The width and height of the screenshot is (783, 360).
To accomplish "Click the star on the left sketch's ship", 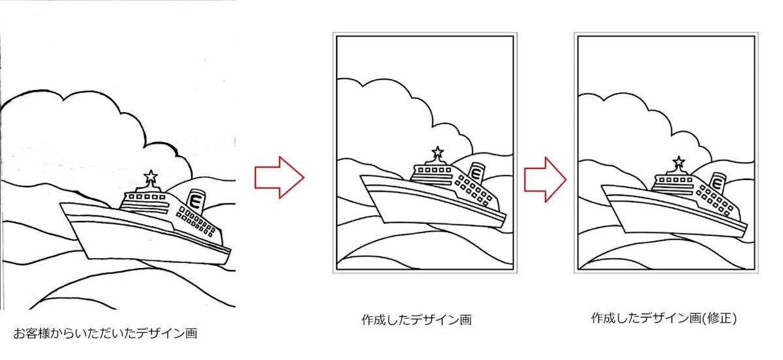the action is coord(151,176).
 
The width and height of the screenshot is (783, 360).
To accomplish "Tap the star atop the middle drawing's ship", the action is coord(437,152).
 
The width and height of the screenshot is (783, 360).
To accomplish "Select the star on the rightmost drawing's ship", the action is coord(679,162).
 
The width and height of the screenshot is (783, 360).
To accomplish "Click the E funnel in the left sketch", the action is coord(195,201).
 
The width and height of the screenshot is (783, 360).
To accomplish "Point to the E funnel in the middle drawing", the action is coord(476,173).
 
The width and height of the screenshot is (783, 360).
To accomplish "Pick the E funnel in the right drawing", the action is coord(717,183).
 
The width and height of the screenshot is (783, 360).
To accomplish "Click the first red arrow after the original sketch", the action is coord(279,177).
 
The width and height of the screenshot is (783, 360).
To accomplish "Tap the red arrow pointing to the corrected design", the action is coord(545,179).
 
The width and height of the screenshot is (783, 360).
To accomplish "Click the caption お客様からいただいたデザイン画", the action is coord(105,333).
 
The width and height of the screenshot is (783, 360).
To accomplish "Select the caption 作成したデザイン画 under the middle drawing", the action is coord(417,320).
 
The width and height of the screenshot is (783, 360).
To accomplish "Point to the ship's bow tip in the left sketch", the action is coord(60,203).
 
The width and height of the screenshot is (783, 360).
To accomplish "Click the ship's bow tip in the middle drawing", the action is coord(360,176).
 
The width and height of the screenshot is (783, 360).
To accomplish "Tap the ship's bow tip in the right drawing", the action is coord(602,186).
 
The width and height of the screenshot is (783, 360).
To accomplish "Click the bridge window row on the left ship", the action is coord(147,197).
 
